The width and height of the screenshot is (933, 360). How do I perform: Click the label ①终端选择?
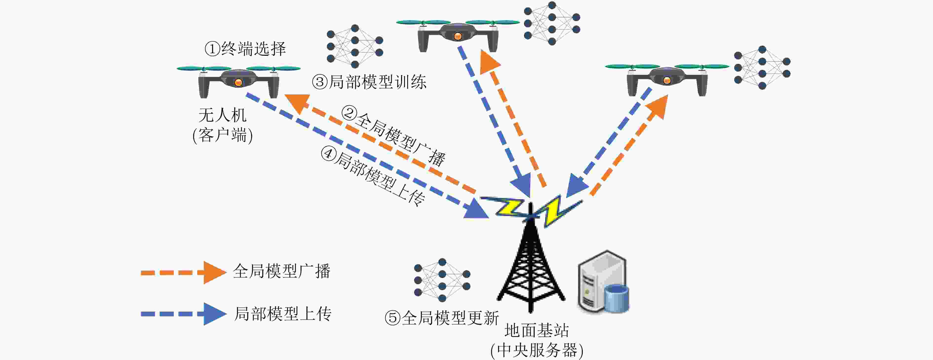click(x=245, y=49)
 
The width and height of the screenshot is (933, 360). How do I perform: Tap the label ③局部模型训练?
click(x=369, y=82)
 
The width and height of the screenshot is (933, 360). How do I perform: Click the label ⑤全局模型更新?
click(x=442, y=318)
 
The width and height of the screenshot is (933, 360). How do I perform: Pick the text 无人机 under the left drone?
click(x=222, y=115)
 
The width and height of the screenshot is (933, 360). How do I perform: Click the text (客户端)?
click(x=222, y=135)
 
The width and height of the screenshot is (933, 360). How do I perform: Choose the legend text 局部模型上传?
click(x=283, y=314)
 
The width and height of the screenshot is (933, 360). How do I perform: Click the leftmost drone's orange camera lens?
click(x=238, y=82)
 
